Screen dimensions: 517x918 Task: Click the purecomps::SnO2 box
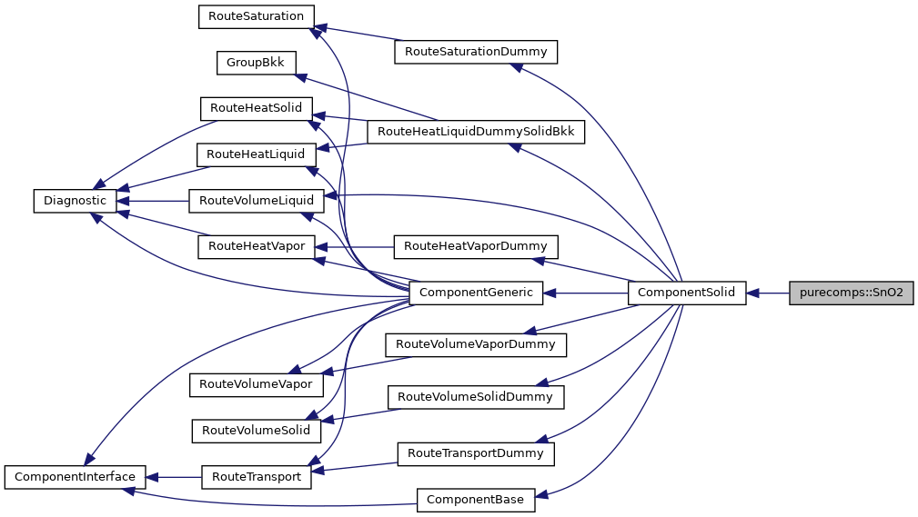click(851, 293)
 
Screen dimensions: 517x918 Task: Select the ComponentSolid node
click(687, 293)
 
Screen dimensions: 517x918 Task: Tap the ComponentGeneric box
click(477, 293)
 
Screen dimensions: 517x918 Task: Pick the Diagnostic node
click(70, 201)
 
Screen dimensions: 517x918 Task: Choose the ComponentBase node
click(476, 499)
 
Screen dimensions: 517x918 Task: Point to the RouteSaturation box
click(256, 16)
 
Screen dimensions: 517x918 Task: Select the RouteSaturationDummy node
click(475, 52)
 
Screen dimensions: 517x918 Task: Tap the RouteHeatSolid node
click(256, 108)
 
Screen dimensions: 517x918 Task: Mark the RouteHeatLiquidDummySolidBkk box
click(475, 132)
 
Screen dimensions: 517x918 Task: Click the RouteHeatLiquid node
click(256, 154)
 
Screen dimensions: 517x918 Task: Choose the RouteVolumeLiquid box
click(256, 201)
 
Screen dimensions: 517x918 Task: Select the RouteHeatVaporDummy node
click(475, 246)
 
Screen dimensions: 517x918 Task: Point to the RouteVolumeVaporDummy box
click(476, 344)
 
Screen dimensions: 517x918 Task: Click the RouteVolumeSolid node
click(256, 430)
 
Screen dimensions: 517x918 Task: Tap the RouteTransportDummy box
click(475, 452)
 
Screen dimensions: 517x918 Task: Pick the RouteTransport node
click(256, 476)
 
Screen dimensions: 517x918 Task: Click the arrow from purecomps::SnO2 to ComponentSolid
click(768, 293)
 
